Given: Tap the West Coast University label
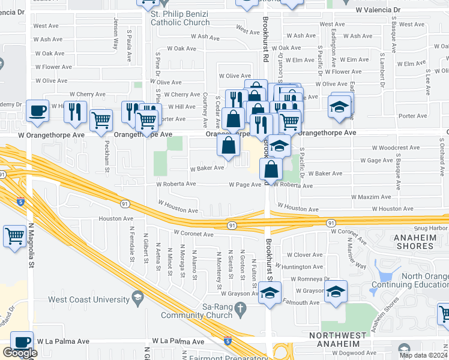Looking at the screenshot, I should (88, 299).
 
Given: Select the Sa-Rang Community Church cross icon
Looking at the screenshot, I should (241, 310).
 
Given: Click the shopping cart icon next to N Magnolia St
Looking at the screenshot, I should (14, 235).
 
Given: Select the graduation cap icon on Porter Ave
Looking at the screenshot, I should (340, 106).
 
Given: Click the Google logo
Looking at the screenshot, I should (20, 353).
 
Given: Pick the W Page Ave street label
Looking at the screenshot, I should (245, 185).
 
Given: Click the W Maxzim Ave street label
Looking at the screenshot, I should (370, 197).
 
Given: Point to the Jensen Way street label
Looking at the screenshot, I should (115, 35).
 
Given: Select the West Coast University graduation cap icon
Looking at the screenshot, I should (137, 299).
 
